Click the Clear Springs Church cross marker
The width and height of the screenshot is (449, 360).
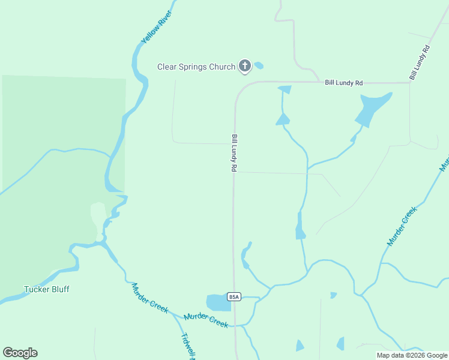pyautogui.click(x=245, y=66)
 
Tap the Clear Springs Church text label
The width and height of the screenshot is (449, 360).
pyautogui.click(x=196, y=67)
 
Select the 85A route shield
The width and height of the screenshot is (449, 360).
pyautogui.click(x=234, y=296)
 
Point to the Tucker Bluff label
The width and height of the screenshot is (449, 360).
pyautogui.click(x=46, y=289)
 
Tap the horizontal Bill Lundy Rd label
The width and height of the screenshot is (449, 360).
pyautogui.click(x=344, y=82)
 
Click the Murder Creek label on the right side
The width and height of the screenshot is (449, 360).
pyautogui.click(x=402, y=226)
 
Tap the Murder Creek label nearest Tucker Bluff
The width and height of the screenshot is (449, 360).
pyautogui.click(x=149, y=297)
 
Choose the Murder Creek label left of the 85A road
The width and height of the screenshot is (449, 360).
pyautogui.click(x=206, y=320)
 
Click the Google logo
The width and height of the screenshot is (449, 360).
pyautogui.click(x=20, y=353)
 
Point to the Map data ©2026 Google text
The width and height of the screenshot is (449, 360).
pyautogui.click(x=412, y=355)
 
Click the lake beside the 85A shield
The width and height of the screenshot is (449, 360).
pyautogui.click(x=218, y=302)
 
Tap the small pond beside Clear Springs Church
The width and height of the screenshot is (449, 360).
pyautogui.click(x=259, y=65)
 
